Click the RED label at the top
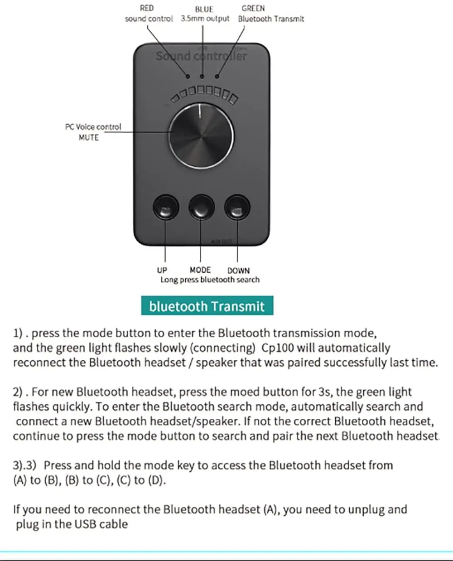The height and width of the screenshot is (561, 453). click(147, 8)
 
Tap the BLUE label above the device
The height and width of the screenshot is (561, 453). click(204, 9)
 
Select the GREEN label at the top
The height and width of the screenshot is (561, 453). click(253, 8)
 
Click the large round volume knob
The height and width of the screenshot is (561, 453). click(201, 135)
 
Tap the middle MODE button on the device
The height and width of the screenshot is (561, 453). click(201, 208)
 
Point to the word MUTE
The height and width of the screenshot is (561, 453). click(88, 137)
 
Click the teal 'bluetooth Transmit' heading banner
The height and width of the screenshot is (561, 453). click(207, 306)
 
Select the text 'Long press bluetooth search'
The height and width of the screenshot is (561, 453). click(210, 280)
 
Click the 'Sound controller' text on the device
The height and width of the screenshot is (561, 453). click(201, 56)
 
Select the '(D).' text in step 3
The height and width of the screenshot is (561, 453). click(156, 480)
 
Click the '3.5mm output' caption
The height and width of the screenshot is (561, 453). click(205, 19)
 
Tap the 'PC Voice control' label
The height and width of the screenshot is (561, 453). click(93, 127)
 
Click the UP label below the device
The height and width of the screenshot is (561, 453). click(162, 271)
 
